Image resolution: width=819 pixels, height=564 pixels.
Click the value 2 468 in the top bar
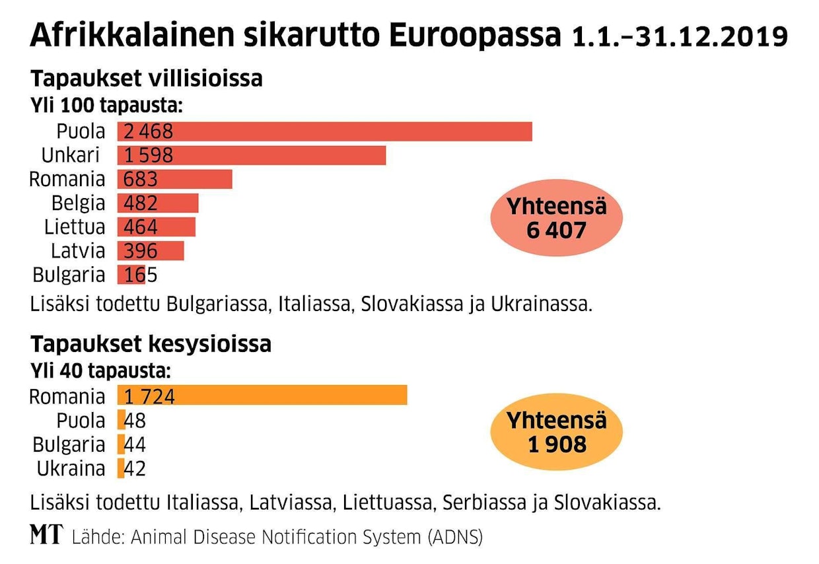(x=148, y=131)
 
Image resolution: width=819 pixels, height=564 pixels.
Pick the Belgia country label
(x=78, y=203)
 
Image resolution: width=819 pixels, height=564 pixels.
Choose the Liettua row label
(x=75, y=227)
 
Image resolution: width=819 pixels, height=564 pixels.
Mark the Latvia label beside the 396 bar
(x=78, y=251)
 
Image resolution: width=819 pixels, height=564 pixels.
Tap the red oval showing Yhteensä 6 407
(x=556, y=218)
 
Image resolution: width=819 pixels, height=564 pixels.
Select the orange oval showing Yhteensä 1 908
(x=556, y=432)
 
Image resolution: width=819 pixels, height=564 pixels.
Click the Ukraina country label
(x=71, y=468)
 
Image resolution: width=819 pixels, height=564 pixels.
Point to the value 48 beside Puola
(x=135, y=420)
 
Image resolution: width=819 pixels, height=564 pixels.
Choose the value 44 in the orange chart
(x=135, y=444)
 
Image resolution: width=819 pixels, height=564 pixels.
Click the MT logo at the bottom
(x=46, y=536)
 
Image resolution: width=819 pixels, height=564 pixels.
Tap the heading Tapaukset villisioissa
(x=146, y=79)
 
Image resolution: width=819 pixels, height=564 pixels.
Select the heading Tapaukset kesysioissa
(x=151, y=344)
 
